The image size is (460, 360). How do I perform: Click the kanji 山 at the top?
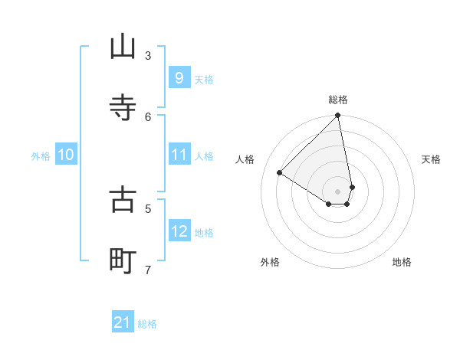123,47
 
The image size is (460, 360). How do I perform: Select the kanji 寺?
123,107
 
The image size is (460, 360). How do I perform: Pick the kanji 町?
123,260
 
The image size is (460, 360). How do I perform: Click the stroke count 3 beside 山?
148,55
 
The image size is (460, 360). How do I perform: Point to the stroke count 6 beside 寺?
148,116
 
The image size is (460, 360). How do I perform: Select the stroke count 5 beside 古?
148,208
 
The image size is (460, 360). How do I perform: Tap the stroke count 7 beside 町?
148,270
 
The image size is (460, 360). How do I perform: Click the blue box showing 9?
179,78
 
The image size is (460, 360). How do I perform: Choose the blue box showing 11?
179,155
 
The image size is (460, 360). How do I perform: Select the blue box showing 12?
179,231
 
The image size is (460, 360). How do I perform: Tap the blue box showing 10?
66,155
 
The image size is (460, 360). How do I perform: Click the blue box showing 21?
123,323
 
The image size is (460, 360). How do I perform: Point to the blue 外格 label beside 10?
41,156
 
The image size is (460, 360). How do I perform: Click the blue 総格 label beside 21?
147,324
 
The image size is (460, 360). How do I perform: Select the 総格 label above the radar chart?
338,100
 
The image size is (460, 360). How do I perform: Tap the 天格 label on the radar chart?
431,159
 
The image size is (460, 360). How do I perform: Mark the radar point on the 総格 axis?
337,116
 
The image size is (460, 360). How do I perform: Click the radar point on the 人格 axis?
280,173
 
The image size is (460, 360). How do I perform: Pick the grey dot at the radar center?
337,191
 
